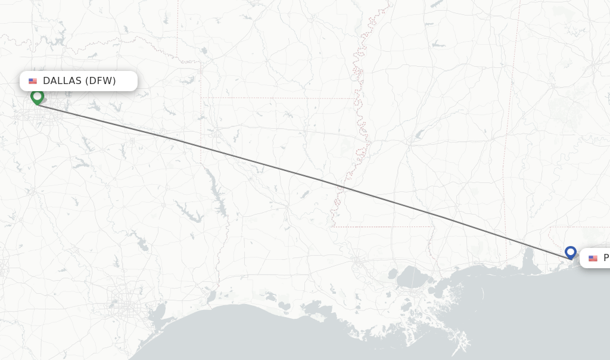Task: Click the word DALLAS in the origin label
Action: point(62,81)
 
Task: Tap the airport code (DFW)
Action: point(100,81)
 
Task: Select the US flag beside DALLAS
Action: point(33,81)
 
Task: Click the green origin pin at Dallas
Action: point(38,96)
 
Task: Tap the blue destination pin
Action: point(571,252)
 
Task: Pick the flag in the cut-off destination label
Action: point(593,258)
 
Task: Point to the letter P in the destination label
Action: point(606,258)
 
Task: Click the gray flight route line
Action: point(298,174)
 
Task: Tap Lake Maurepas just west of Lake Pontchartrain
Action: point(392,274)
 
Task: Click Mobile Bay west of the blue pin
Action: point(528,257)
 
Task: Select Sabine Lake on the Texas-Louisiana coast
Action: point(210,296)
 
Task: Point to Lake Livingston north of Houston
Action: point(141,243)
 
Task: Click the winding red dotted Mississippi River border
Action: point(360,119)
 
